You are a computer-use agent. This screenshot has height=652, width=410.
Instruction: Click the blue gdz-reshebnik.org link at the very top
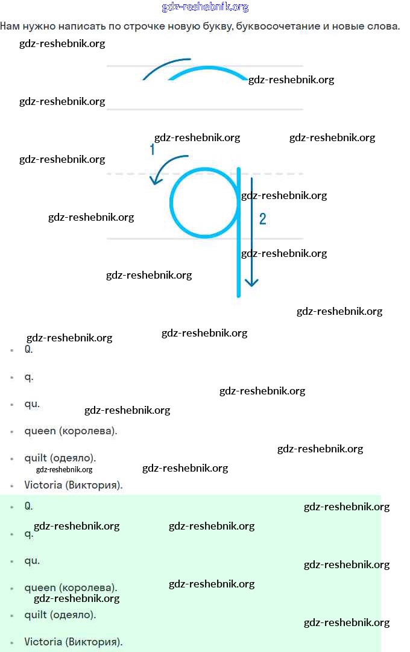205,7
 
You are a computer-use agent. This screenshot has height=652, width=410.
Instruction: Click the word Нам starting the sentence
10,27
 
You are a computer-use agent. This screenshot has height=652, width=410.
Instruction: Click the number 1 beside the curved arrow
153,150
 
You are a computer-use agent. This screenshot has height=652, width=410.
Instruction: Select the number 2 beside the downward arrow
262,219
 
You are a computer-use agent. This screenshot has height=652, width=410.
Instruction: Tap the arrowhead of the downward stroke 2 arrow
251,282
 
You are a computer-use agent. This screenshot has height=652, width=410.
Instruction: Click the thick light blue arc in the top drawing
208,71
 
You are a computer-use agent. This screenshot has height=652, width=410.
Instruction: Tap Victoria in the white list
43,485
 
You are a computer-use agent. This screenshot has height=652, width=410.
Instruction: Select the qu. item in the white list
32,404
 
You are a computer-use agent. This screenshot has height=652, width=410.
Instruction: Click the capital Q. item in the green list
28,506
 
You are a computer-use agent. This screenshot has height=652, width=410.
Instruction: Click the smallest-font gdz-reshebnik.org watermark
64,470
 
